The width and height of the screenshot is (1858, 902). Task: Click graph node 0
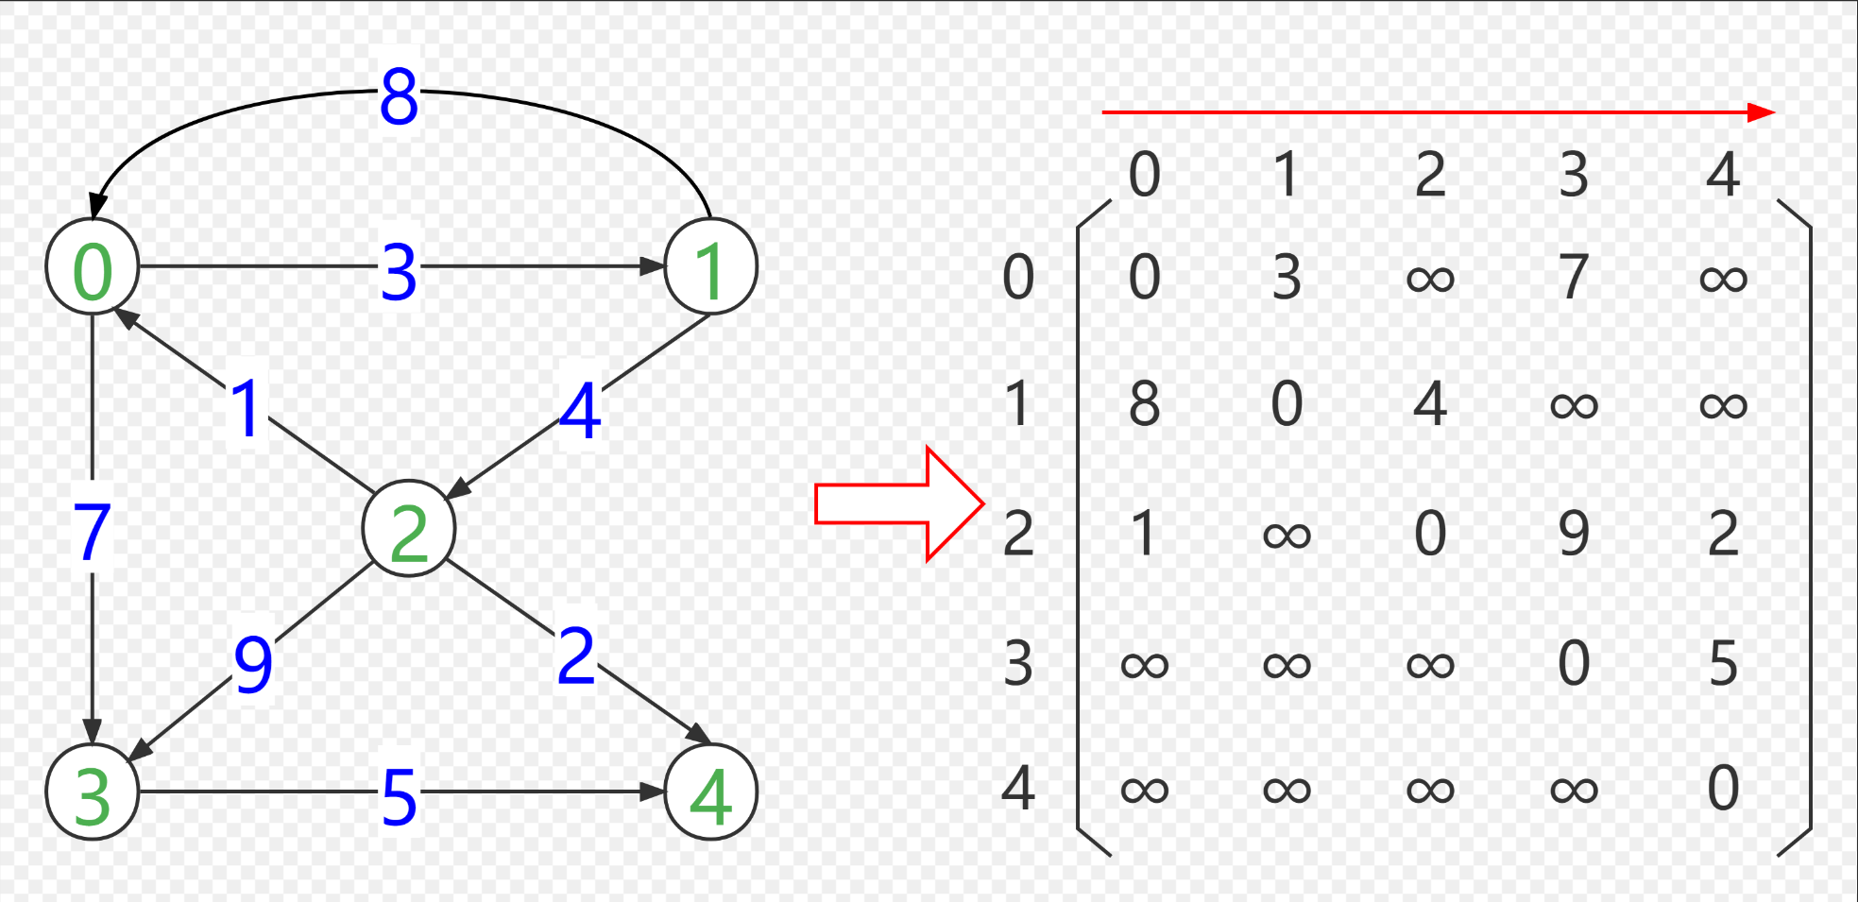coord(93,267)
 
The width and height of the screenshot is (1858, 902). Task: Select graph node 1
coord(710,267)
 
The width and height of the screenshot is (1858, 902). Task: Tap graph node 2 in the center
coord(409,529)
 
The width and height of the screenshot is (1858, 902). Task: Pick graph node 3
coord(93,792)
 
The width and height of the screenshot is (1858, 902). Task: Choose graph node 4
coord(710,792)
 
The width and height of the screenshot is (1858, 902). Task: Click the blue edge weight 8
coord(399,96)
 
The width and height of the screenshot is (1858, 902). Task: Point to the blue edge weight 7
coord(92,531)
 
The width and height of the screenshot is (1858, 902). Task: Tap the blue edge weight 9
coord(253,664)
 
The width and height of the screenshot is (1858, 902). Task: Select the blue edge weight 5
coord(399,796)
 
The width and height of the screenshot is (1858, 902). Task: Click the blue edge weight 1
coord(247,409)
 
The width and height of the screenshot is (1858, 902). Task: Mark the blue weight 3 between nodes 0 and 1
coord(399,272)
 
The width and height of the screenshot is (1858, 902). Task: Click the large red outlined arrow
coord(897,504)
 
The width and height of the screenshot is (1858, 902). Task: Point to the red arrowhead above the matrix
coord(1760,112)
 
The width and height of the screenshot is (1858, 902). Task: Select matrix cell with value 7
coord(1573,277)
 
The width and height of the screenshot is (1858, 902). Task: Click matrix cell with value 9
coord(1573,534)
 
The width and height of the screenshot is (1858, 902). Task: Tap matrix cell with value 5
coord(1723,663)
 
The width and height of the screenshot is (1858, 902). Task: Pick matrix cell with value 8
coord(1144,404)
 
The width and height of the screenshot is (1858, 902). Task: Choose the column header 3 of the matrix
coord(1573,175)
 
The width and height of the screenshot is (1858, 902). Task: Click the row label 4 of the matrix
coord(1018,789)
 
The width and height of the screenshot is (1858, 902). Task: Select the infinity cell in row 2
coord(1287,536)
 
